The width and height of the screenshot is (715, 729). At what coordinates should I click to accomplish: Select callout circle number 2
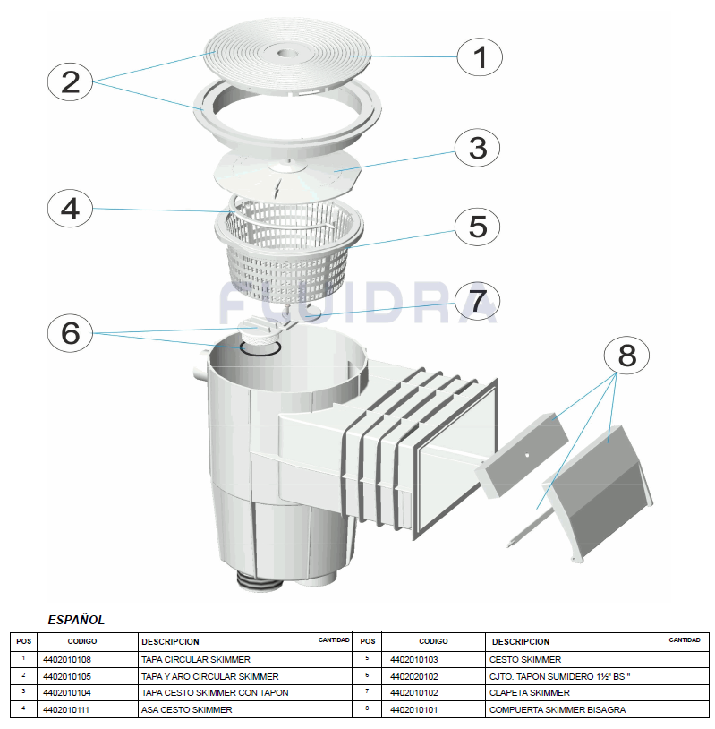pos(71,82)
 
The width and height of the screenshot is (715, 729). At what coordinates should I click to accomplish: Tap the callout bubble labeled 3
pos(477,148)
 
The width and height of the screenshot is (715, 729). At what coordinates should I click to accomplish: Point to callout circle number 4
pos(71,210)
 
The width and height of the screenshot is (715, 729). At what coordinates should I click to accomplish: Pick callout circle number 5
pos(477,227)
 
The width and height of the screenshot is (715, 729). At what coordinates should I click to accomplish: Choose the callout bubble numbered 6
pos(71,333)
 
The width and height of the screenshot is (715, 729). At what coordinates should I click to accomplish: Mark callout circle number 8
pos(626,356)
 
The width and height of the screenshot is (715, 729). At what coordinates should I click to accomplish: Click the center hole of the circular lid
pos(288,55)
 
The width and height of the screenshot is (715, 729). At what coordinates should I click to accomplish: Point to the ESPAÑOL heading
pos(76,619)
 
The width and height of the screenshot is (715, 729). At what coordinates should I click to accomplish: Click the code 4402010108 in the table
pos(67,659)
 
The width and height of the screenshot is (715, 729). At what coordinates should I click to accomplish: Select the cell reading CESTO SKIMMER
pos(525,659)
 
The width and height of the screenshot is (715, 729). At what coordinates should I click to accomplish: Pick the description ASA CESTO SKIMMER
pos(186,709)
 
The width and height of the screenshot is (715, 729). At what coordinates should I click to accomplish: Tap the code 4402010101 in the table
pos(414,709)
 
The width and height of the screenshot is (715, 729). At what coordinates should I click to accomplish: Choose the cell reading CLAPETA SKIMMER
pos(529,692)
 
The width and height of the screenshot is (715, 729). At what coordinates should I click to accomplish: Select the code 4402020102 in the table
pos(414,676)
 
